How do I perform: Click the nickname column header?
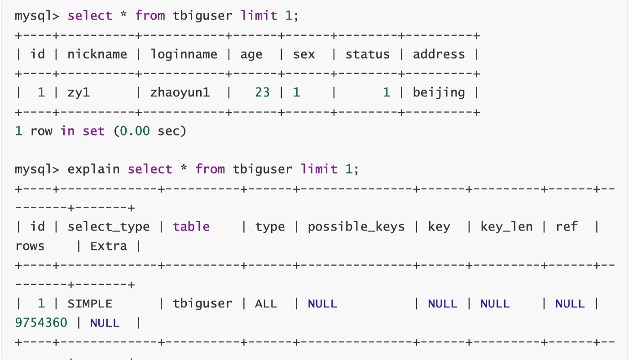point(97,54)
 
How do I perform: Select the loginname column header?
point(184,54)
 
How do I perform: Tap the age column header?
point(251,54)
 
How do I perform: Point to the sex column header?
point(304,54)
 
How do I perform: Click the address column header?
point(439,54)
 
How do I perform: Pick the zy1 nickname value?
point(79,92)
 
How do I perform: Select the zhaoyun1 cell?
point(180,92)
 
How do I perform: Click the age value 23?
point(262,92)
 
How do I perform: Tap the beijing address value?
point(439,92)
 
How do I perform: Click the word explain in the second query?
point(93,169)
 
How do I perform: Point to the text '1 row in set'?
point(60,131)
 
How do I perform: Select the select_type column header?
point(109,227)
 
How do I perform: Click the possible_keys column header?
point(356,227)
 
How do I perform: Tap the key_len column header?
point(506,227)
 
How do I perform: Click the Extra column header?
point(109,246)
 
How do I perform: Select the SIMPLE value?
point(90,304)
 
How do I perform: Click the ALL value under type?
point(266,304)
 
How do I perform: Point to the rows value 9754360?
point(41,323)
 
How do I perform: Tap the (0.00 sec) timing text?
point(149,131)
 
